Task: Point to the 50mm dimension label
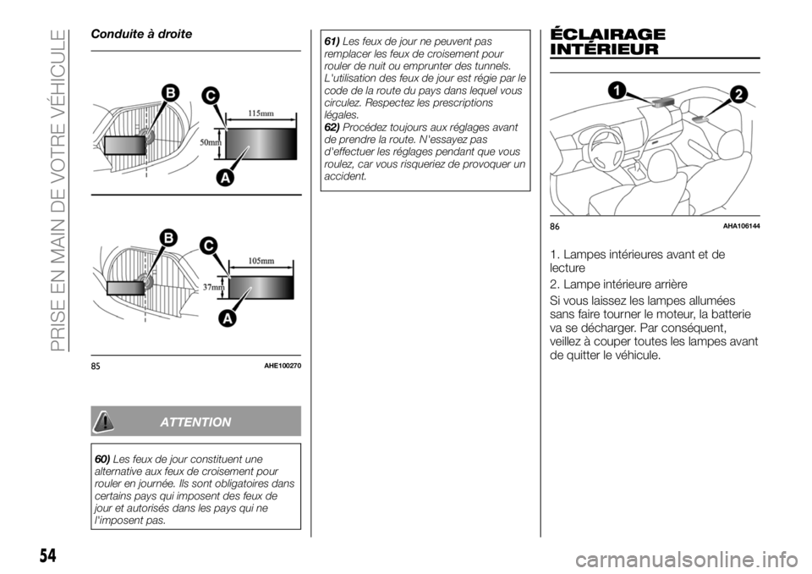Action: pyautogui.click(x=210, y=143)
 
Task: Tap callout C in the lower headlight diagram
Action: pyautogui.click(x=206, y=246)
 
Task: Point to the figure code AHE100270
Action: pyautogui.click(x=282, y=365)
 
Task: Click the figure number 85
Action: pyautogui.click(x=97, y=365)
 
